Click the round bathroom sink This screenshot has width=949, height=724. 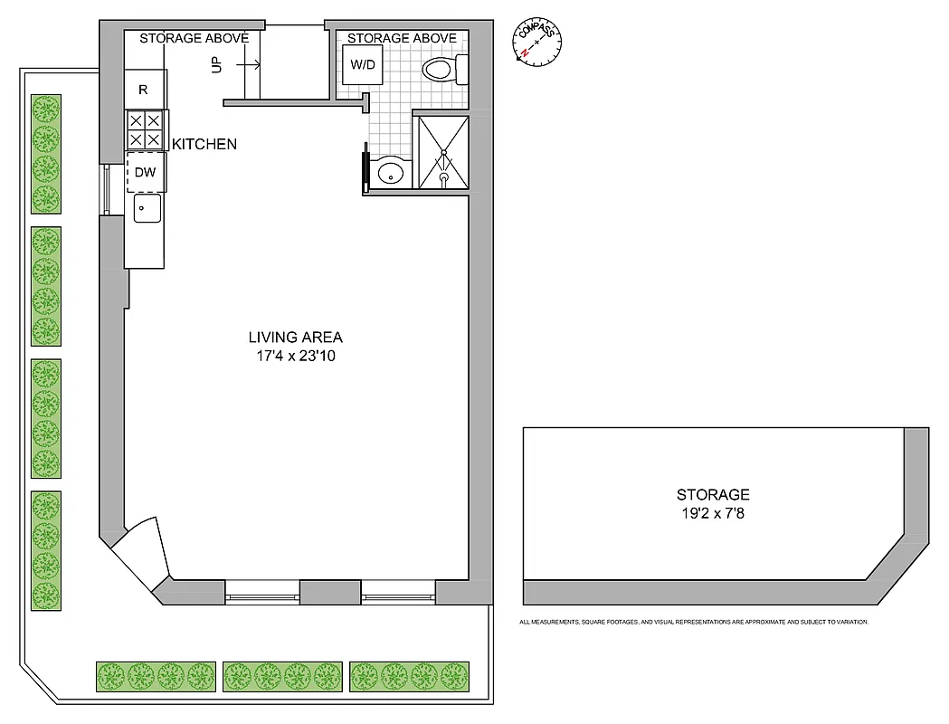click(390, 171)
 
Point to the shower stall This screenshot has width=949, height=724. click(441, 150)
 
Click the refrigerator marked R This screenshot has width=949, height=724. click(144, 90)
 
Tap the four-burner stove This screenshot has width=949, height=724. click(144, 129)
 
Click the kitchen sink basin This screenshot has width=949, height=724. click(147, 209)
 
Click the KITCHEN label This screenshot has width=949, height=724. click(204, 144)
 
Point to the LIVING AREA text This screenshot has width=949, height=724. click(296, 338)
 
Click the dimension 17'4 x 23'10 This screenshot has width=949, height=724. click(296, 357)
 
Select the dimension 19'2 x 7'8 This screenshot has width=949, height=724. click(713, 513)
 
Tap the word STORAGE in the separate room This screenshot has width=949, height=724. click(713, 494)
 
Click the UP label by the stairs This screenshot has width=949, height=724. click(216, 65)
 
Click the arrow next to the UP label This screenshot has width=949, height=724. click(249, 65)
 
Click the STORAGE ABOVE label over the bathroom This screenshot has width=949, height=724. click(402, 38)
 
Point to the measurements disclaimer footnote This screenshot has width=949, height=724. click(693, 622)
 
